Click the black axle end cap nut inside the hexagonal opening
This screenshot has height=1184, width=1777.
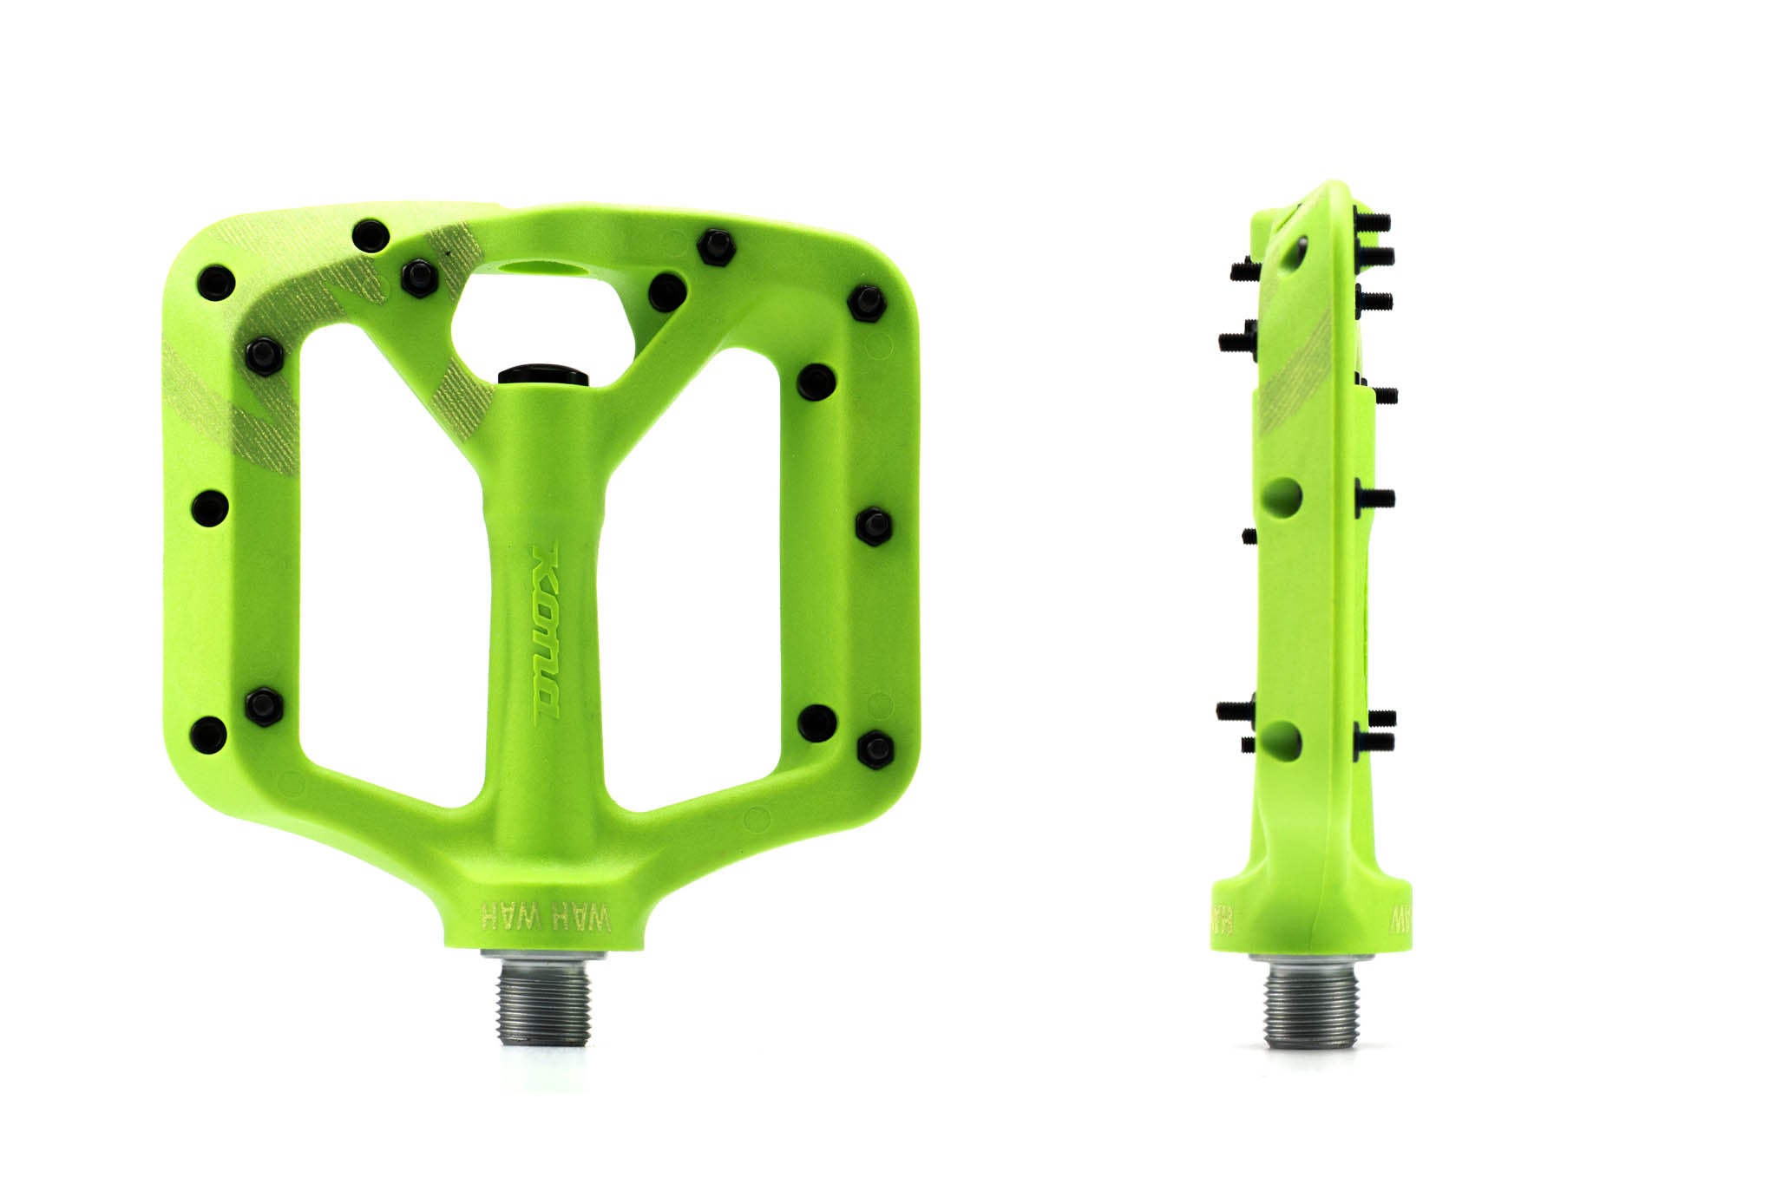tap(543, 375)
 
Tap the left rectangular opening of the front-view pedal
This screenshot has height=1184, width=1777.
tap(390, 564)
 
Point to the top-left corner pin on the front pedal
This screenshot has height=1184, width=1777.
tap(214, 282)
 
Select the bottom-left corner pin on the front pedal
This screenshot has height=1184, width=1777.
tap(208, 734)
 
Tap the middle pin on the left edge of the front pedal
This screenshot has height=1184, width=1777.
tap(209, 507)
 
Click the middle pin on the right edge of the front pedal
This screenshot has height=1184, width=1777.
tap(873, 525)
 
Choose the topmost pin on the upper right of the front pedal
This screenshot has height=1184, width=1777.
tap(716, 246)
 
